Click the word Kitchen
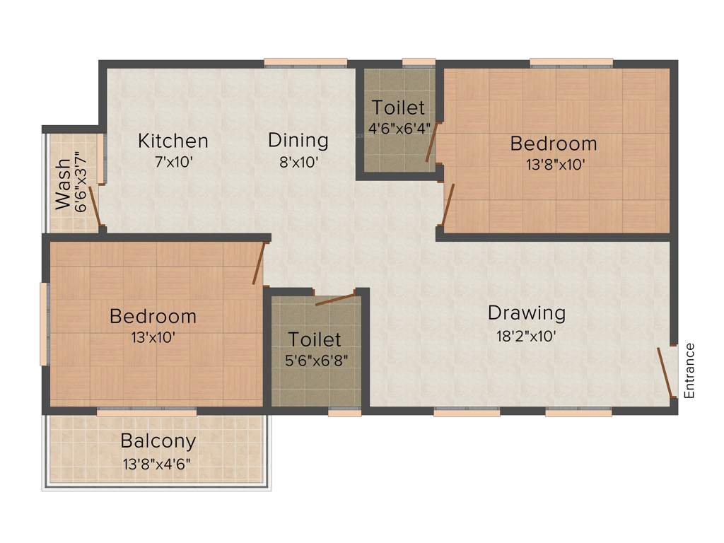[x=173, y=141]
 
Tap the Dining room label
[x=298, y=140]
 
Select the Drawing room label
[x=526, y=312]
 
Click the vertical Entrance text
[x=690, y=370]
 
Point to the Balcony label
[x=158, y=441]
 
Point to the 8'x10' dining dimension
[x=298, y=162]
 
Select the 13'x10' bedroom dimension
[x=152, y=337]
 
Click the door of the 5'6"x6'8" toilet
[x=335, y=298]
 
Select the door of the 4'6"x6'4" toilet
[x=432, y=142]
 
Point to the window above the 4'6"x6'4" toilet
[x=419, y=62]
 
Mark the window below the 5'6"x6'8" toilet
[x=345, y=412]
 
